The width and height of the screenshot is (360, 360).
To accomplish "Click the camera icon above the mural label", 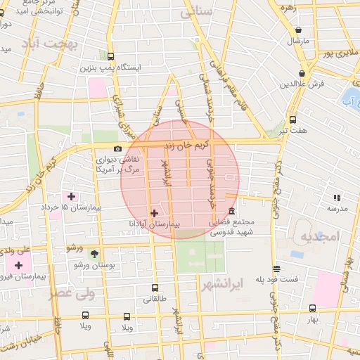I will (x=117, y=148).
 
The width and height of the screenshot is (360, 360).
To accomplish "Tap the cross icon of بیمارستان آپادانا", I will (x=154, y=212).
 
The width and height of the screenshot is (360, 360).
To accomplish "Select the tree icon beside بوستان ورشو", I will (x=95, y=255).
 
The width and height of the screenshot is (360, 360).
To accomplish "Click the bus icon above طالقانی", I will (x=155, y=288).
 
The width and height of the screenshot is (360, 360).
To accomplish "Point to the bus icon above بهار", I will (x=312, y=308).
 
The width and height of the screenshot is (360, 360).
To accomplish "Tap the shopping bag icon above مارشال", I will (x=300, y=30).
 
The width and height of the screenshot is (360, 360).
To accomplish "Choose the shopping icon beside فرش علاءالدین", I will (x=302, y=73).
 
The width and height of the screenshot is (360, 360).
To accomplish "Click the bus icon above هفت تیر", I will (x=292, y=120).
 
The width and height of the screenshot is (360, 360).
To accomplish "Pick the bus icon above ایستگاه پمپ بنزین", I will (x=110, y=56).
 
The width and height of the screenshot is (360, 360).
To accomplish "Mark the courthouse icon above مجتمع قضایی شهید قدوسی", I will (x=231, y=212).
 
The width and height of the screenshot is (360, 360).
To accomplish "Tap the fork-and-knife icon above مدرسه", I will (x=337, y=198).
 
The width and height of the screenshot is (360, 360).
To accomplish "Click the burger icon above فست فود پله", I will (x=276, y=269).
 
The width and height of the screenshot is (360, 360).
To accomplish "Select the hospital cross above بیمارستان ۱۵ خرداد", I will (x=71, y=195).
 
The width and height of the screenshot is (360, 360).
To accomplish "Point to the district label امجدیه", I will (x=320, y=236).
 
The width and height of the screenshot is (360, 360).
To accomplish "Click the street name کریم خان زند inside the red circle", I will (x=179, y=145).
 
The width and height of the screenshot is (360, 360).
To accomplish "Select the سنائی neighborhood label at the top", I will (x=196, y=12).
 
